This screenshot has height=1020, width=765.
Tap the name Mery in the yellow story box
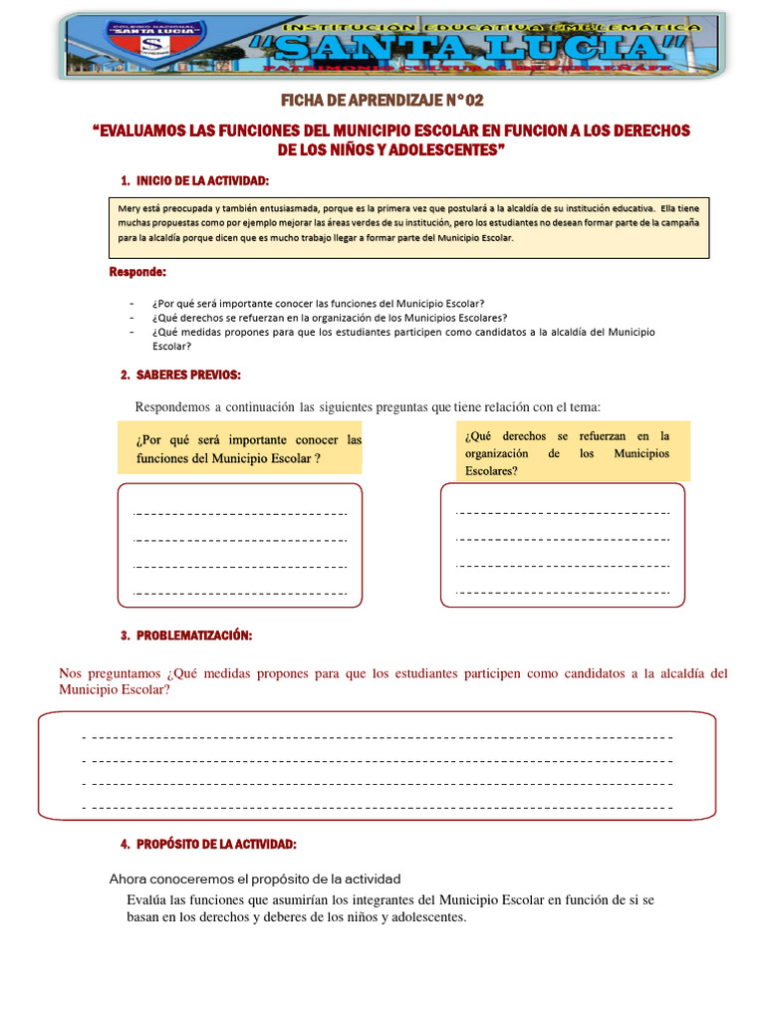(x=129, y=209)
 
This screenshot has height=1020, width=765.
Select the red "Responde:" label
(x=137, y=272)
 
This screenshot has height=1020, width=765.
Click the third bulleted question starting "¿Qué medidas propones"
(x=403, y=332)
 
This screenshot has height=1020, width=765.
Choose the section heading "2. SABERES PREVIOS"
(x=180, y=375)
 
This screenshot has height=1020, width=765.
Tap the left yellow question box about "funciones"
(x=240, y=448)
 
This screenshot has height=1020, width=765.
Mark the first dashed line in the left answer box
(x=240, y=514)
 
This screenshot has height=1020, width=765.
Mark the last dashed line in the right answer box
(x=563, y=593)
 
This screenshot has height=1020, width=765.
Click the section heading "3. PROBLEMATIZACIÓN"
(x=186, y=636)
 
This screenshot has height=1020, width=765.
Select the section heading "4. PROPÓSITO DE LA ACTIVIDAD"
(x=208, y=844)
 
